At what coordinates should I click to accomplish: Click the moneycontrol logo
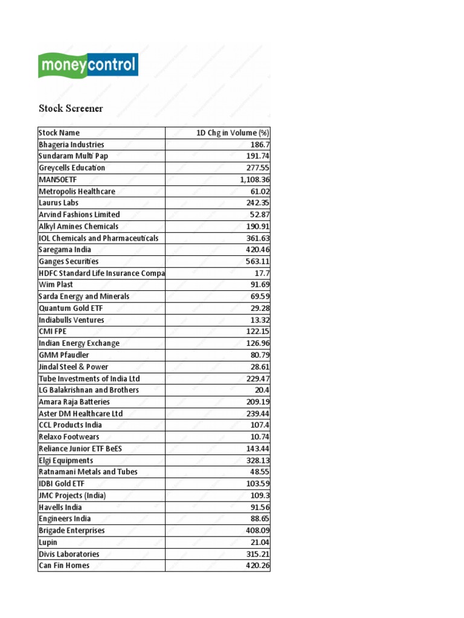pyautogui.click(x=88, y=65)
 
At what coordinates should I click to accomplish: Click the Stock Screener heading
pyautogui.click(x=71, y=109)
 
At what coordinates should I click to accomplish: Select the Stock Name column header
pyautogui.click(x=59, y=133)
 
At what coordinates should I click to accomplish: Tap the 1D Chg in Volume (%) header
pyautogui.click(x=233, y=133)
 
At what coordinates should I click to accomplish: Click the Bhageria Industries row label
pyautogui.click(x=71, y=145)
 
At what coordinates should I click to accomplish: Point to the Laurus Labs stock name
pyautogui.click(x=59, y=203)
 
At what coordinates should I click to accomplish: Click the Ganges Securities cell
pyautogui.click(x=69, y=261)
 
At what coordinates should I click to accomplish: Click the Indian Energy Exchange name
pyautogui.click(x=79, y=343)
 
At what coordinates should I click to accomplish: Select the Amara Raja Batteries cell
pyautogui.click(x=74, y=402)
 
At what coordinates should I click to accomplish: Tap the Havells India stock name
pyautogui.click(x=60, y=507)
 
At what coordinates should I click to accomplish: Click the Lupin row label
pyautogui.click(x=48, y=542)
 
